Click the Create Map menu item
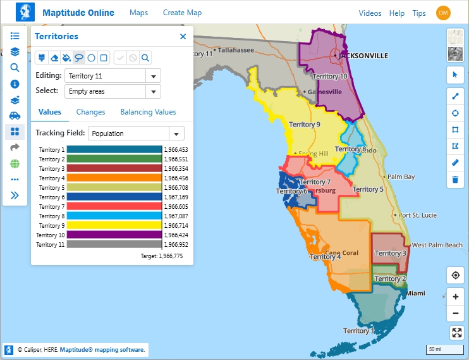click(x=182, y=13)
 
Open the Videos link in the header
click(x=370, y=13)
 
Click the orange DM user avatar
click(x=443, y=13)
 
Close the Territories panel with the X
click(x=183, y=37)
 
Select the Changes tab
click(x=90, y=112)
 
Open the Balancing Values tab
click(x=148, y=112)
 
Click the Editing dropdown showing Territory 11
click(x=112, y=76)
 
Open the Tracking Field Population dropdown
click(x=136, y=133)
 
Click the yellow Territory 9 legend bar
click(x=114, y=225)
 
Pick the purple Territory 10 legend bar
click(x=114, y=235)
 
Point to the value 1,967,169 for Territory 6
click(x=176, y=197)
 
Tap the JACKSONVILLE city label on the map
click(x=363, y=56)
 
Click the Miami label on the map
click(x=415, y=294)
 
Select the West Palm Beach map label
click(x=437, y=245)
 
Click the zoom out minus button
click(x=455, y=314)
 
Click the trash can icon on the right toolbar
click(x=455, y=180)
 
